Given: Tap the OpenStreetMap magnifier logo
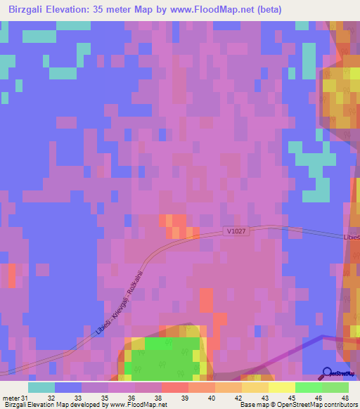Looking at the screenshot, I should pyautogui.click(x=327, y=372).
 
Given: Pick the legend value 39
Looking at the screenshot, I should pyautogui.click(x=184, y=398).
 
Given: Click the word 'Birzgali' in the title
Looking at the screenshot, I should pyautogui.click(x=26, y=8).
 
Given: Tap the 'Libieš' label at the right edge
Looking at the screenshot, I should pyautogui.click(x=351, y=238).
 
